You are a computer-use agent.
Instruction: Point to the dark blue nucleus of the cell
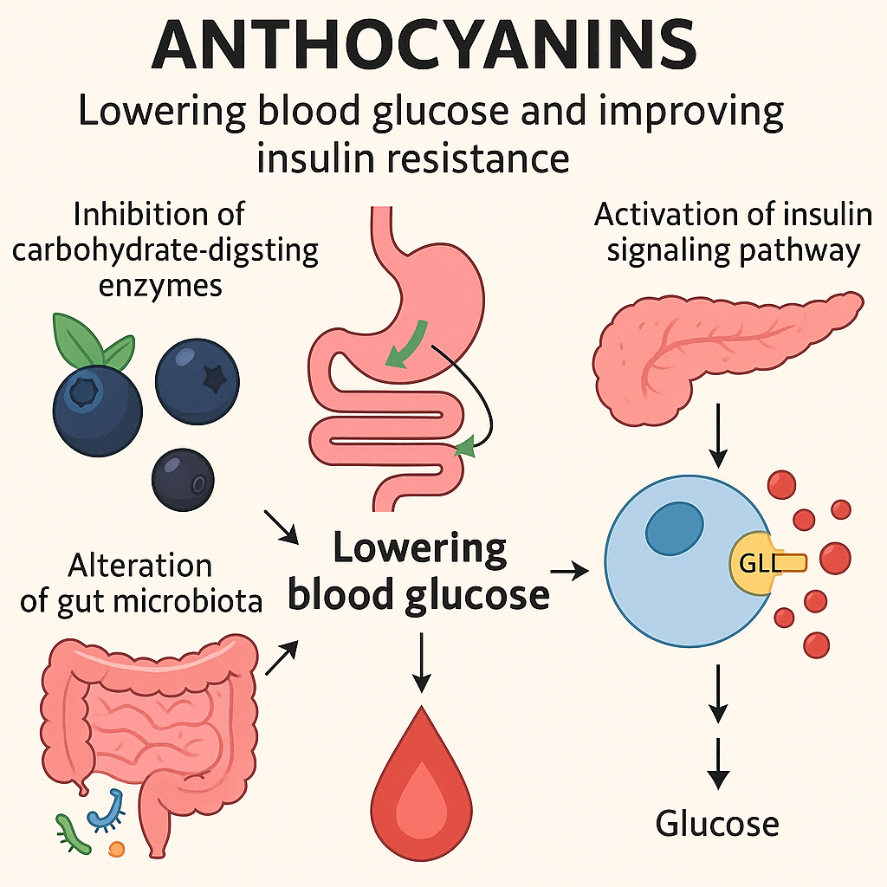click(x=674, y=527)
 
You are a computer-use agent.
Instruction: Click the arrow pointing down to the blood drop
click(x=421, y=663)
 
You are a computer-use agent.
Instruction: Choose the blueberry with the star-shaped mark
click(x=197, y=380)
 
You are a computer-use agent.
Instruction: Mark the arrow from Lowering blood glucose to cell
click(x=568, y=570)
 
